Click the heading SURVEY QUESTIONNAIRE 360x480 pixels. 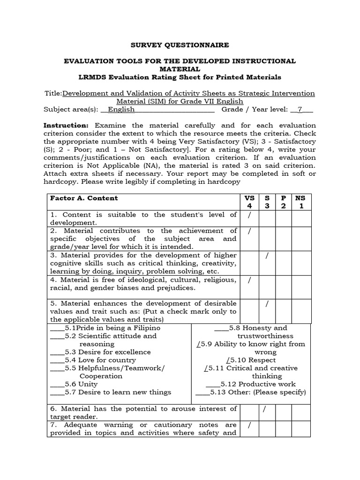(180, 45)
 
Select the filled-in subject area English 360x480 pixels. (121, 110)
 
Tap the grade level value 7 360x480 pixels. (300, 110)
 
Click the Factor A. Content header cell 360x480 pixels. (84, 198)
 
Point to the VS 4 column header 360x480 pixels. (249, 202)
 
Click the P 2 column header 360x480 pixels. (283, 202)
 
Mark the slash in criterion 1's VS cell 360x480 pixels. (249, 215)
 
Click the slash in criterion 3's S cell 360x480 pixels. (267, 255)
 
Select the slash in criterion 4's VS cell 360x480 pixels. (249, 280)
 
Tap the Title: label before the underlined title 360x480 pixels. (52, 93)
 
